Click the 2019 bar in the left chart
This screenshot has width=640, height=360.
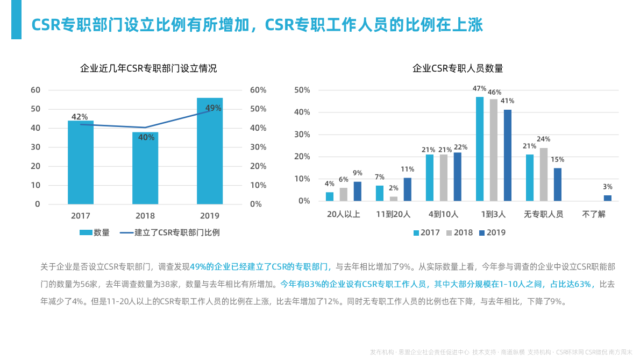tap(210, 151)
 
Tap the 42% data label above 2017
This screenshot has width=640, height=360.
tap(80, 117)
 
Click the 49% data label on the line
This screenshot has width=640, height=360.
tap(214, 108)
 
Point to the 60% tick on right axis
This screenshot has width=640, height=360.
tap(258, 90)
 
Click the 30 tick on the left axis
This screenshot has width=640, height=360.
tap(35, 147)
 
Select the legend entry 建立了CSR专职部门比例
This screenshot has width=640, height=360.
tap(169, 232)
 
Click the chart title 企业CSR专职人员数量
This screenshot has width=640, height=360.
tap(458, 68)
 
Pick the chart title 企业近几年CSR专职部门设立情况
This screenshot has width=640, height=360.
tap(148, 68)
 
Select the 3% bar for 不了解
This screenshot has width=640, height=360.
tap(608, 198)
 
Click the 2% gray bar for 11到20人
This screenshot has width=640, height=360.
tap(394, 199)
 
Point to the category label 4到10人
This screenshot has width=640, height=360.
tap(443, 214)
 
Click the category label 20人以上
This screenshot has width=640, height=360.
tap(344, 214)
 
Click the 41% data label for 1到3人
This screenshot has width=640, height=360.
tap(508, 101)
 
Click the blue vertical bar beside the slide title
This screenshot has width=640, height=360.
tap(16, 19)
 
